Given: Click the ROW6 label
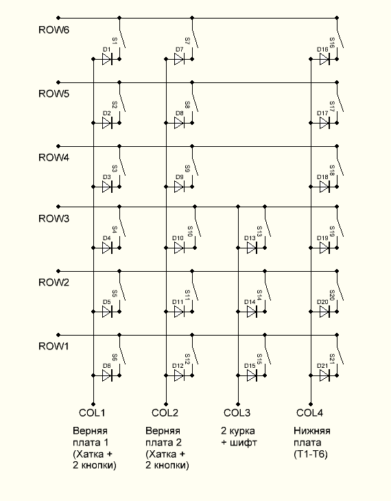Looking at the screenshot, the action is coord(54,30).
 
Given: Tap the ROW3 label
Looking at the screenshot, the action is coord(54,218).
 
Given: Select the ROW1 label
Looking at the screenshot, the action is coord(54,346).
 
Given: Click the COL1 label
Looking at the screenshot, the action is coord(92,412).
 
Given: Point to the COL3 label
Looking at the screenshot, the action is coord(237,412).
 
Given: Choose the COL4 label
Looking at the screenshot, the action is coord(309,412).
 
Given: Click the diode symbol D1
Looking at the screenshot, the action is coord(107,59).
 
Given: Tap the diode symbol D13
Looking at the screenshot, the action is coord(252,248).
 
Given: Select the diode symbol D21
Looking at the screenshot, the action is coord(324,375).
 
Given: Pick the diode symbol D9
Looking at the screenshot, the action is coord(179,187).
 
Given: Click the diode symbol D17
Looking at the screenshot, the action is coord(324,123).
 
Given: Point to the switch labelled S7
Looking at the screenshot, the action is coord(194,38).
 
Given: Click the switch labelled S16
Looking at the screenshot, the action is coord(340,38).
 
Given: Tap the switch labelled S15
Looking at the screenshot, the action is coord(267,355).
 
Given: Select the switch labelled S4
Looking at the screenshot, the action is coord(121,227).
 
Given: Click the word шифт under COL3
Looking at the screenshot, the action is coord(243,443).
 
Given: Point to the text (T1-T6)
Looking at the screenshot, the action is coord(311,454).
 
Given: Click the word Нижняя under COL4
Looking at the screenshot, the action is coord(312,431).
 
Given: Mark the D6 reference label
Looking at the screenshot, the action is coord(107,366).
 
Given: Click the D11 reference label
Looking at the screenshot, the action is coord(178,302).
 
